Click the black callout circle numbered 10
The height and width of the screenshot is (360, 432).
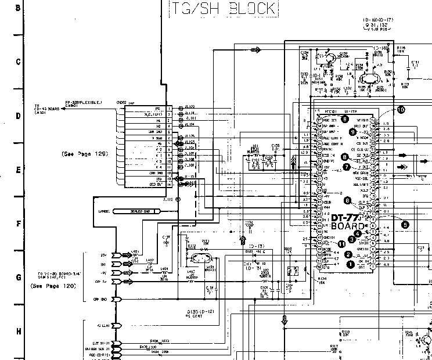click(401, 110)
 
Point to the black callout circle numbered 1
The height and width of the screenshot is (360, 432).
click(350, 264)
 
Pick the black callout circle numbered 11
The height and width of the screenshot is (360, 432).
click(341, 243)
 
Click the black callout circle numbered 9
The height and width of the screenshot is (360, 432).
click(353, 132)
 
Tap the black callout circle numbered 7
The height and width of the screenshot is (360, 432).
click(347, 167)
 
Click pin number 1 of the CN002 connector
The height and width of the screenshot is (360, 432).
click(169, 109)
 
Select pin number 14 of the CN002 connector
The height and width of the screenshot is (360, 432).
click(169, 185)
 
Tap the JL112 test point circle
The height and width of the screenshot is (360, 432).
click(179, 200)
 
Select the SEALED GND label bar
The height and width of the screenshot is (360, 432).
click(136, 211)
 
